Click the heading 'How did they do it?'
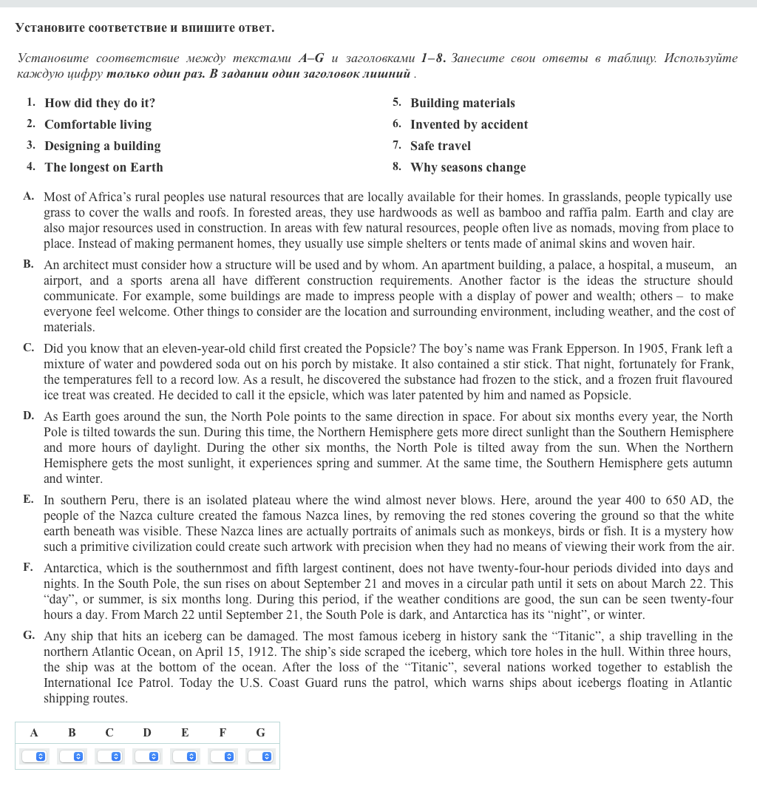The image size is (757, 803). tap(100, 103)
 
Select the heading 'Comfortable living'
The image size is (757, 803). tap(98, 124)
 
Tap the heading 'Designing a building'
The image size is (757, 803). tap(102, 146)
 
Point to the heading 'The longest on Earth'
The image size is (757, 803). tap(103, 167)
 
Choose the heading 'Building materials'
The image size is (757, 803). tap(462, 103)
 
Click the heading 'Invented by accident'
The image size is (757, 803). tap(469, 124)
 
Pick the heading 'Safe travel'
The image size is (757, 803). tap(440, 146)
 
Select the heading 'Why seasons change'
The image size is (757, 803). tap(468, 167)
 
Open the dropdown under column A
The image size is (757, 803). tap(34, 756)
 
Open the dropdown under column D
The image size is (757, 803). tap(147, 756)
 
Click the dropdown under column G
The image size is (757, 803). tap(260, 756)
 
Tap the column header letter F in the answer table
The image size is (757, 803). tap(223, 733)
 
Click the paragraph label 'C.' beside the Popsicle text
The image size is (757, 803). tap(29, 348)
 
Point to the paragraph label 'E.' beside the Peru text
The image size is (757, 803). tap(28, 499)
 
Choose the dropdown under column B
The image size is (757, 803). tap(72, 756)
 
